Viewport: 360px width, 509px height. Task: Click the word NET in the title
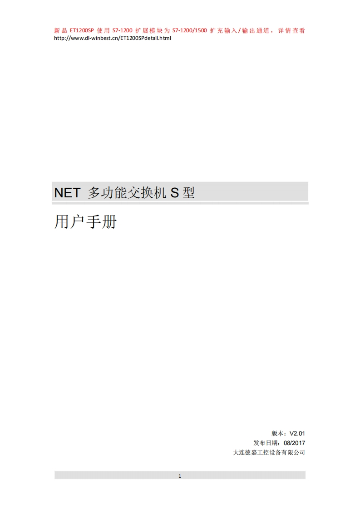click(67, 193)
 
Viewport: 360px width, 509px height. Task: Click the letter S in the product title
click(174, 193)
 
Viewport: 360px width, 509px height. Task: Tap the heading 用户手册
click(85, 222)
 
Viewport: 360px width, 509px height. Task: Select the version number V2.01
click(297, 433)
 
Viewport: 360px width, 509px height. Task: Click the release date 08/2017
click(294, 443)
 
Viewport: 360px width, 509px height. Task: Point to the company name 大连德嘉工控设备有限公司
click(269, 452)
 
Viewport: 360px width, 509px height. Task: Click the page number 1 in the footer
click(180, 476)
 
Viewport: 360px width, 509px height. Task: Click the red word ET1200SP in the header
click(82, 31)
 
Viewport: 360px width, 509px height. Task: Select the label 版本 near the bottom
click(278, 433)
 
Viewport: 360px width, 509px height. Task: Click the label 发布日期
click(266, 443)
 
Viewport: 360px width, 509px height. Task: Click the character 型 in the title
click(188, 193)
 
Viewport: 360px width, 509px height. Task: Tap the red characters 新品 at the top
click(60, 31)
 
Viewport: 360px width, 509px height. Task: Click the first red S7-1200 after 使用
click(123, 31)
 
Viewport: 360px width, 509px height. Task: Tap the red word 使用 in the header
click(104, 31)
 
